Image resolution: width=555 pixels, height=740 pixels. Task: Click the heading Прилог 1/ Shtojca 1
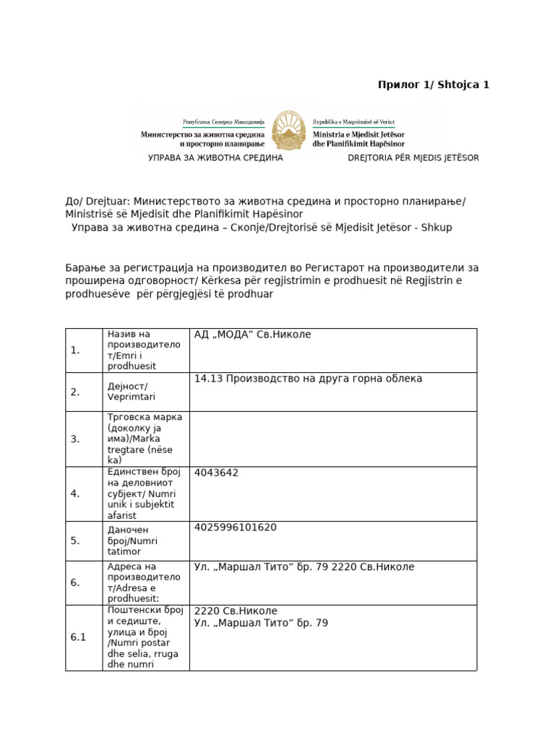click(434, 85)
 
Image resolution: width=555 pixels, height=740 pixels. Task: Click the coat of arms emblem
click(289, 129)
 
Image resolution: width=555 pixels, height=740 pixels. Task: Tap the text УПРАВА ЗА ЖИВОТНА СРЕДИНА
click(215, 158)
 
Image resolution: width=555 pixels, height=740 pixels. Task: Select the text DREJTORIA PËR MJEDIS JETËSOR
click(413, 158)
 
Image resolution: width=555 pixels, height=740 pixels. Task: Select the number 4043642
click(216, 473)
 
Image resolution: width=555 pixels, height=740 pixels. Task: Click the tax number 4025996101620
click(236, 528)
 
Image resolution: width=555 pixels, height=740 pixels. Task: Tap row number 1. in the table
click(75, 350)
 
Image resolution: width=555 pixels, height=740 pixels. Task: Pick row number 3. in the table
click(75, 439)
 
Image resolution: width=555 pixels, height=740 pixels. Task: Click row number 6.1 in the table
click(78, 637)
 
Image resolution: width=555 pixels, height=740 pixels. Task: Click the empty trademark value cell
click(332, 439)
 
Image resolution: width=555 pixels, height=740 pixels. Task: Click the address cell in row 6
click(304, 567)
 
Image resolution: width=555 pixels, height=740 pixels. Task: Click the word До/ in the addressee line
click(74, 201)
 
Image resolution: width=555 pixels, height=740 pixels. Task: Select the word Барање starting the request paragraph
click(86, 268)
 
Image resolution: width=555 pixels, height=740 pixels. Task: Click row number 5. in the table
click(75, 541)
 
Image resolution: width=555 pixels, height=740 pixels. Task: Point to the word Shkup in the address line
click(437, 228)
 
